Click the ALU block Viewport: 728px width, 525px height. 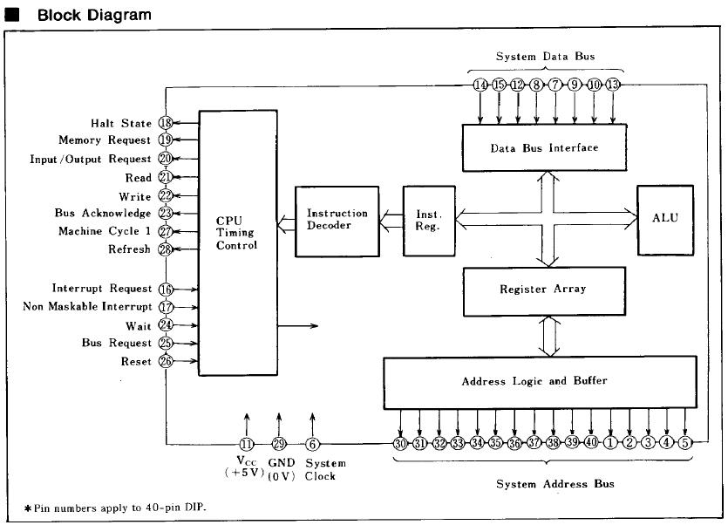665,220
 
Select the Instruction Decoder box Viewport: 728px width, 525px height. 337,221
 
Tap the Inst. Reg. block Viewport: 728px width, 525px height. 428,221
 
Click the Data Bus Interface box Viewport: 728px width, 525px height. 544,147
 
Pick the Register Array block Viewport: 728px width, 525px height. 544,290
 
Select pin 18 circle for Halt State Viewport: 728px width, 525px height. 165,124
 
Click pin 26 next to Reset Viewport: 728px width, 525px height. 165,361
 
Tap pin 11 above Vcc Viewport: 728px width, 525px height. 247,443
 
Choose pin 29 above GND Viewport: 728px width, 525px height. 279,443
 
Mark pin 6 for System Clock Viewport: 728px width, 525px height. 312,443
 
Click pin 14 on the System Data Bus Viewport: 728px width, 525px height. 480,85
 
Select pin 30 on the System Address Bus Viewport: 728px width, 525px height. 401,443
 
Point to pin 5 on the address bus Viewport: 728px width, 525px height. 686,443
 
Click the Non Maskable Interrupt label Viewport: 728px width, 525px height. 87,307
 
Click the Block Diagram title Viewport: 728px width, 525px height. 93,15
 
